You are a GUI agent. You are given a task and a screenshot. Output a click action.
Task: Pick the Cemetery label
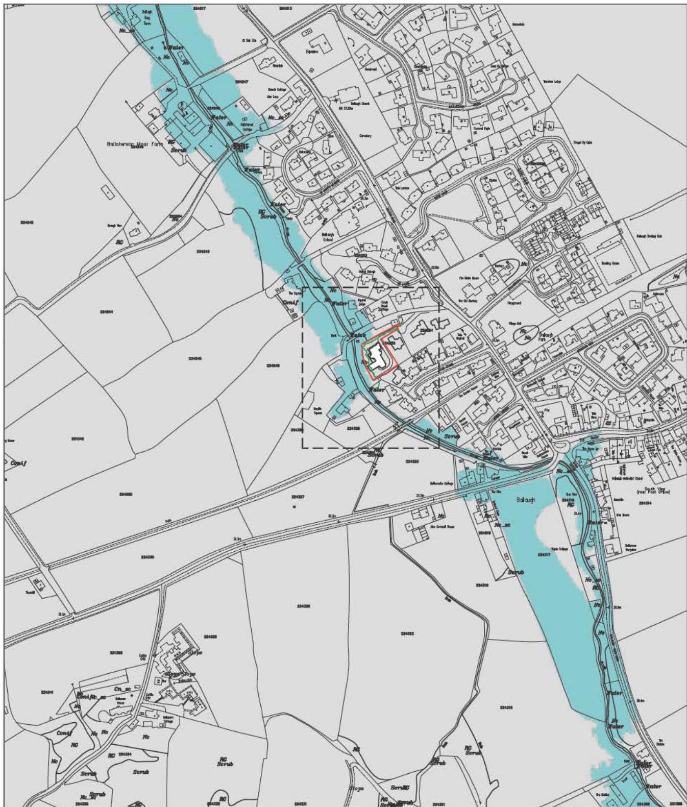365,136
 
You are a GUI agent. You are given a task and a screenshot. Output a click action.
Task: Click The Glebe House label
469,278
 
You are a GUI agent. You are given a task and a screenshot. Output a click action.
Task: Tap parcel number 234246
195,358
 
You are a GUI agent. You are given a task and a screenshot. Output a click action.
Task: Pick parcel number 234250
126,494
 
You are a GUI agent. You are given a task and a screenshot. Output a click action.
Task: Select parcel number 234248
273,365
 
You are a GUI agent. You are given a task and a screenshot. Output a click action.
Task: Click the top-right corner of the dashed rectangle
439,288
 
